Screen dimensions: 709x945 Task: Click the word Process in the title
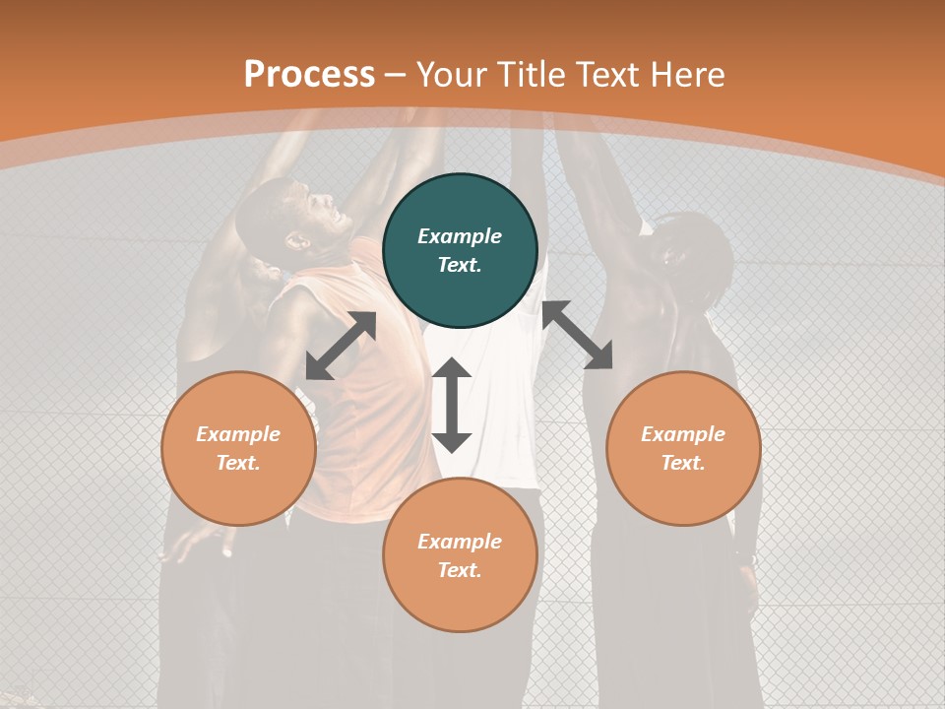click(309, 75)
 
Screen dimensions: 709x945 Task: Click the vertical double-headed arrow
click(452, 405)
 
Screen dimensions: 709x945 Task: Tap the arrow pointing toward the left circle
click(341, 346)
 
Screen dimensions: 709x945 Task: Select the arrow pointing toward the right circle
click(577, 336)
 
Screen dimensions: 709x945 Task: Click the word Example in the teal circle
click(460, 236)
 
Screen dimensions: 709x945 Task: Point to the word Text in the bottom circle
click(460, 570)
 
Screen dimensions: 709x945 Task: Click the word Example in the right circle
click(683, 434)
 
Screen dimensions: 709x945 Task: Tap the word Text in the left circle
click(238, 463)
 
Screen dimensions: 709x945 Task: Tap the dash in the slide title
click(396, 75)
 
